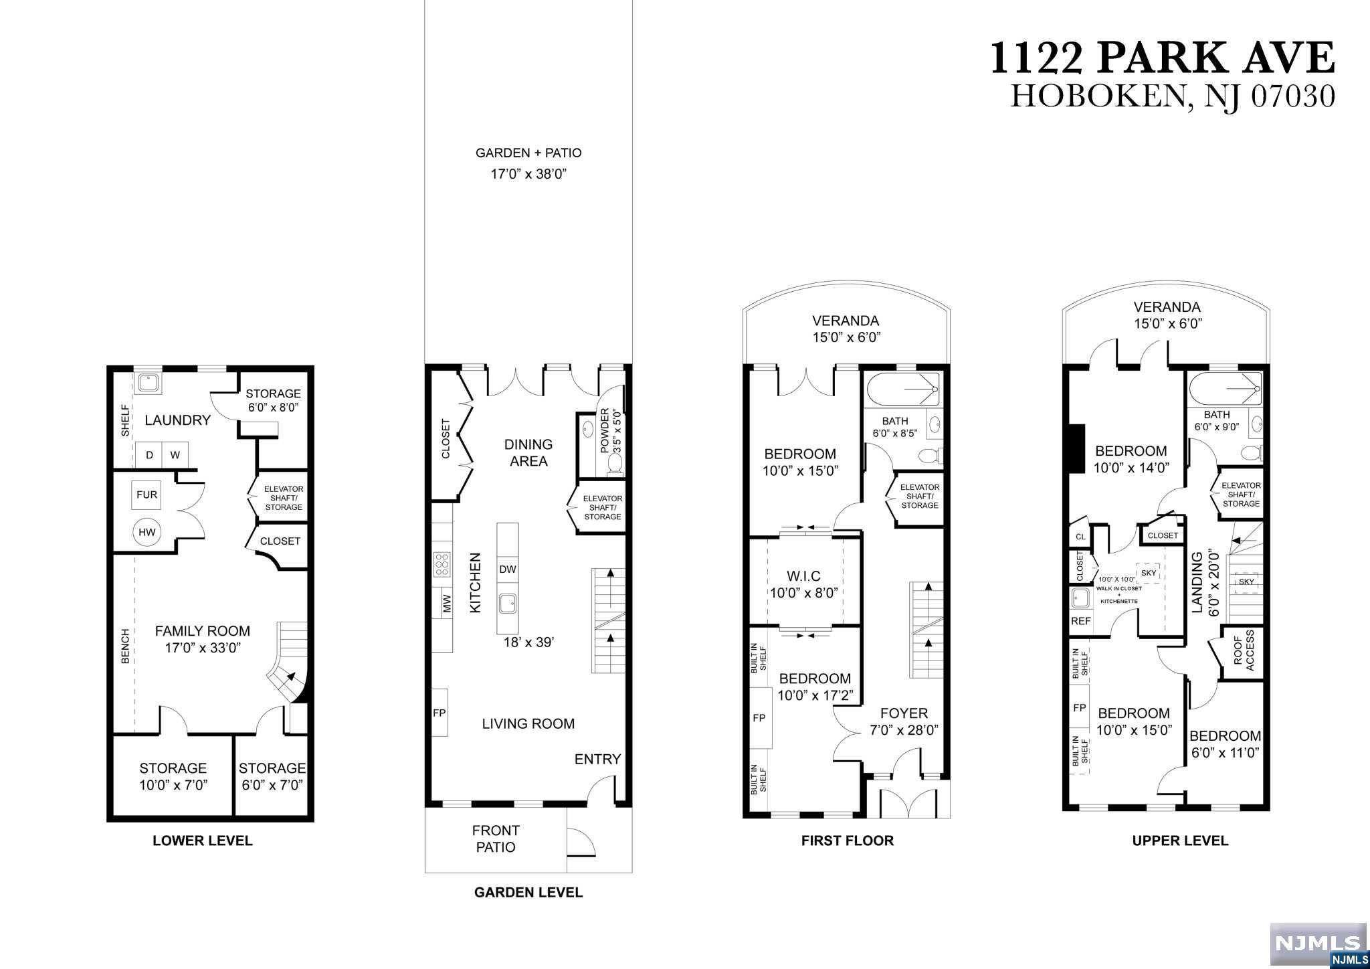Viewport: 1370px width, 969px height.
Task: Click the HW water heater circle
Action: (x=146, y=532)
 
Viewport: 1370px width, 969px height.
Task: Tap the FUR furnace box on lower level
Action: (x=146, y=495)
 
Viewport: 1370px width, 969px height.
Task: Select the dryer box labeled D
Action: (x=150, y=455)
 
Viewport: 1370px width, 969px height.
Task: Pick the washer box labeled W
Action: (x=175, y=455)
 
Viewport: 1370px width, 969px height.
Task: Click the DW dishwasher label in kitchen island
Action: (x=508, y=569)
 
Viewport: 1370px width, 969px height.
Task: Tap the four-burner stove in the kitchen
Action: (x=442, y=564)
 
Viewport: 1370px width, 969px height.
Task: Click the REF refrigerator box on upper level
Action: (x=1081, y=621)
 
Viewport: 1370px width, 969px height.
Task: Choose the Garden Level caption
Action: (x=528, y=892)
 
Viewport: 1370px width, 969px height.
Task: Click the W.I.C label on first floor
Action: (x=803, y=576)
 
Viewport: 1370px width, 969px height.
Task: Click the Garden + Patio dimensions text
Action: (x=528, y=175)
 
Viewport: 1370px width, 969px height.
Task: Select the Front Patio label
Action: (x=496, y=839)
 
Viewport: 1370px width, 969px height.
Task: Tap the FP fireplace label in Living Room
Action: (x=439, y=713)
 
